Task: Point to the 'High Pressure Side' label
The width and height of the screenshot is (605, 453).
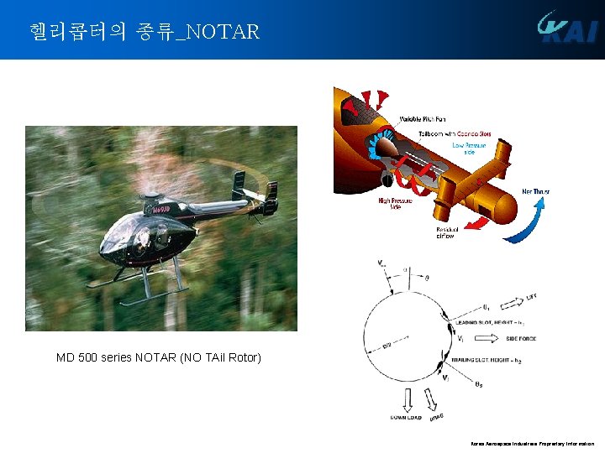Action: pos(394,203)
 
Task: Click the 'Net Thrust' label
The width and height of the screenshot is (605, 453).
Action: pos(536,191)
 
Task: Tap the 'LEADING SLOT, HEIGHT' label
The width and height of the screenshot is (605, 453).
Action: pos(489,322)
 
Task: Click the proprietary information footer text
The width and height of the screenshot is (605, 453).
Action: pos(533,443)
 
